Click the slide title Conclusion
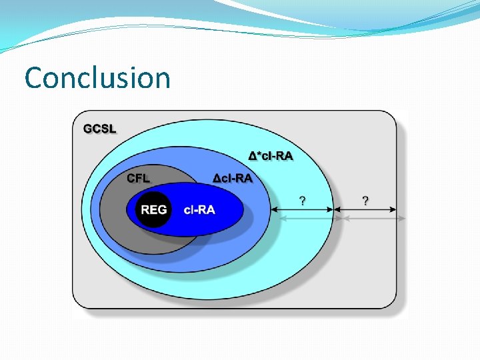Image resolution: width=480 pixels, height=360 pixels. tap(97, 78)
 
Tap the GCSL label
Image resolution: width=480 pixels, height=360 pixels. tap(99, 128)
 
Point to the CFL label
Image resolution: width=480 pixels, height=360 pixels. tap(139, 178)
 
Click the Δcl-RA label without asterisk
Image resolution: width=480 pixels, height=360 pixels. tap(233, 178)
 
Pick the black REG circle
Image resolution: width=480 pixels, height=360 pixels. tap(154, 209)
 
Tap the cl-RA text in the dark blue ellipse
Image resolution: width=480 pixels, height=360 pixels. tap(199, 209)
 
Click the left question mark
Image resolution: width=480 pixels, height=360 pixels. tap(303, 199)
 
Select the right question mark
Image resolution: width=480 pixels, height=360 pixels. tap(365, 199)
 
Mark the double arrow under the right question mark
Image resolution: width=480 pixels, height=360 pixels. tap(365, 209)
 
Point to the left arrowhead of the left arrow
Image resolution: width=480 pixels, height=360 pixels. tap(273, 209)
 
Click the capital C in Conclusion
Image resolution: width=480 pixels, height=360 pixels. tap(33, 78)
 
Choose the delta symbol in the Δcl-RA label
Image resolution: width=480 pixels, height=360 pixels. tap(217, 178)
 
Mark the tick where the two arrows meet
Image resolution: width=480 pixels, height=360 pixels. tap(333, 209)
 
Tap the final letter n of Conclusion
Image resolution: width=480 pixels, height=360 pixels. tap(163, 80)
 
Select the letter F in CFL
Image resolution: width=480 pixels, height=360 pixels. tap(139, 178)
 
